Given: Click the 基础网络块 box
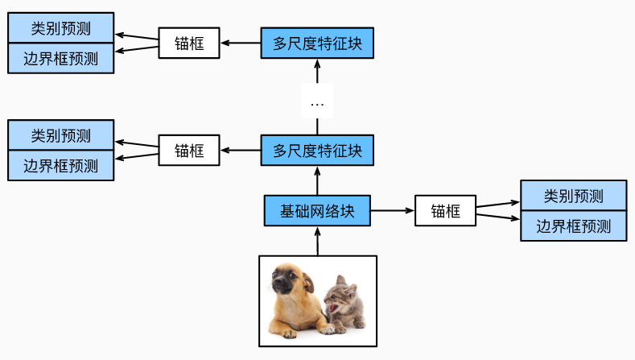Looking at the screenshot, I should [x=317, y=211].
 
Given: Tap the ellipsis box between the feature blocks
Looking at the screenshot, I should [x=317, y=103].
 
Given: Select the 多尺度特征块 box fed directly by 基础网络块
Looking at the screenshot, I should [x=317, y=150].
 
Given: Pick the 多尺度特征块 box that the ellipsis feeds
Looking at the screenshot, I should [x=317, y=43].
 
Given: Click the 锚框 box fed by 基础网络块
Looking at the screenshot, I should [x=445, y=211].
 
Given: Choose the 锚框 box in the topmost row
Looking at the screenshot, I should [x=189, y=43].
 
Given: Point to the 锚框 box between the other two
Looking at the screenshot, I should [x=189, y=150].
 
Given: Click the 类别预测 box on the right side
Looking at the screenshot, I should [x=573, y=196].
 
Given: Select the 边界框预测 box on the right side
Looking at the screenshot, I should [x=573, y=226].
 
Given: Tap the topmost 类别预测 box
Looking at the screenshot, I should [x=61, y=29].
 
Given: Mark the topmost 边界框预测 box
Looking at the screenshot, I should [x=61, y=58].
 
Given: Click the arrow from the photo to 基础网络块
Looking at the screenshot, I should [x=317, y=241].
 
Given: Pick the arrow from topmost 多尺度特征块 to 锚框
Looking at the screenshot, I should [x=240, y=43].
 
